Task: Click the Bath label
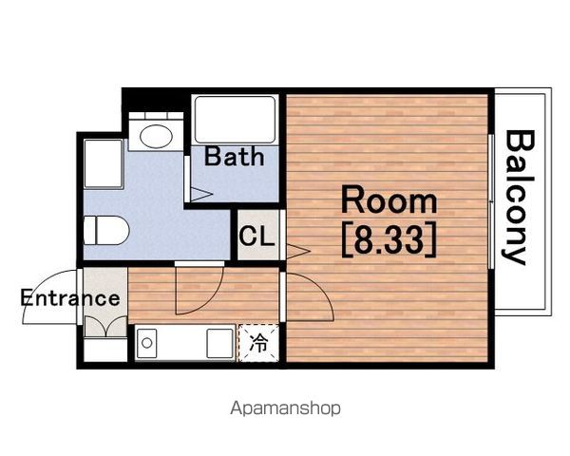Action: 235,157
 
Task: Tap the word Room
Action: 389,199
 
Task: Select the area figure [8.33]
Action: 389,239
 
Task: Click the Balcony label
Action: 519,198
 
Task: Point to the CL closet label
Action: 256,236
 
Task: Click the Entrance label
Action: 69,298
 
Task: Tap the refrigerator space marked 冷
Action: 258,343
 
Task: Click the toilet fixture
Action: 106,230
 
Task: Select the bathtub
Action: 235,120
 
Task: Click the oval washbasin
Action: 156,137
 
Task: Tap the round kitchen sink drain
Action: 147,343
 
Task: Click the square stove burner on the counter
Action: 220,343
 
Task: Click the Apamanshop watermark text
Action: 285,408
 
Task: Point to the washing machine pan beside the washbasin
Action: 104,163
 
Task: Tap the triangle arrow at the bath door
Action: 200,194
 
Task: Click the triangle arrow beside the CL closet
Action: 297,251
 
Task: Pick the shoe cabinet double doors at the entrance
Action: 105,326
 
